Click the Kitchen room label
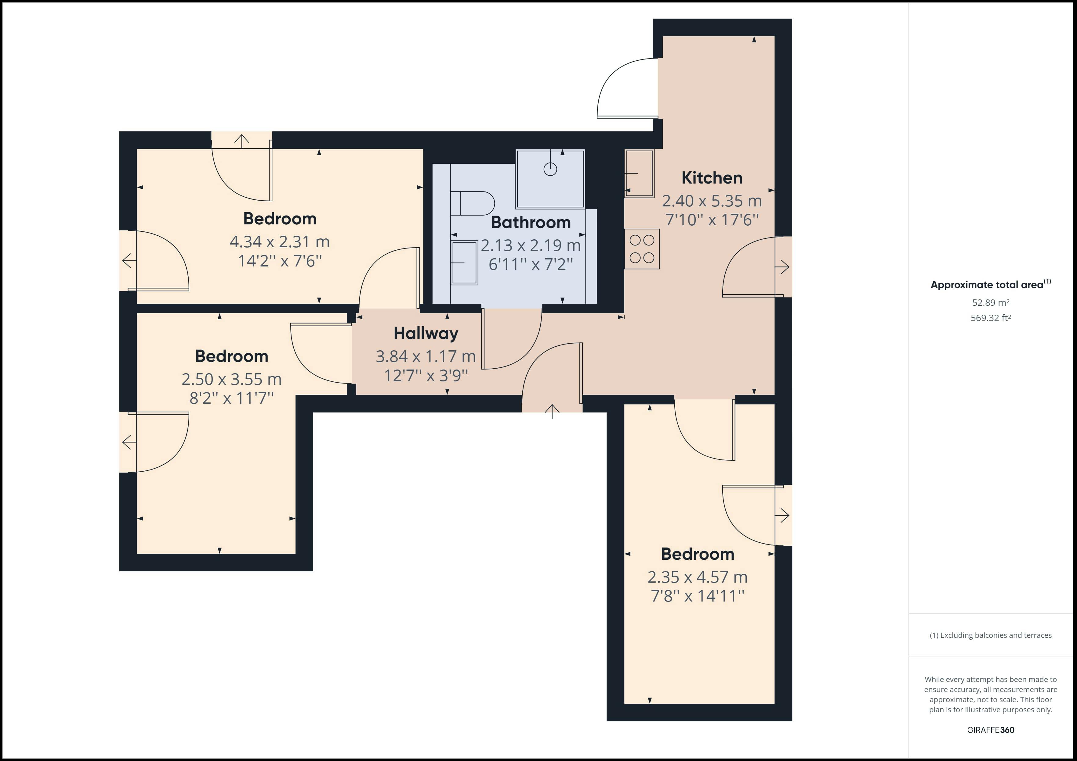[x=712, y=178]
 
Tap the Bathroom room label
[x=531, y=223]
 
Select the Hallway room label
[x=426, y=334]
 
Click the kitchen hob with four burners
[x=642, y=249]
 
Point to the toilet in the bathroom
[x=472, y=203]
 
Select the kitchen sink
[x=639, y=173]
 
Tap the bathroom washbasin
[x=464, y=263]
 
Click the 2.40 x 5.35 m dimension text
[x=712, y=201]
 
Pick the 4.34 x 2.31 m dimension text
[x=280, y=242]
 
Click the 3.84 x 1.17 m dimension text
[x=426, y=357]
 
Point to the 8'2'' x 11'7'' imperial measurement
[x=231, y=398]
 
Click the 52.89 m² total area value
[x=991, y=303]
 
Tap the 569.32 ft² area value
[x=991, y=318]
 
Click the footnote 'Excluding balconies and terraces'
[x=991, y=635]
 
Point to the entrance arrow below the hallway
[x=552, y=411]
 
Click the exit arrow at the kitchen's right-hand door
[x=782, y=267]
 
